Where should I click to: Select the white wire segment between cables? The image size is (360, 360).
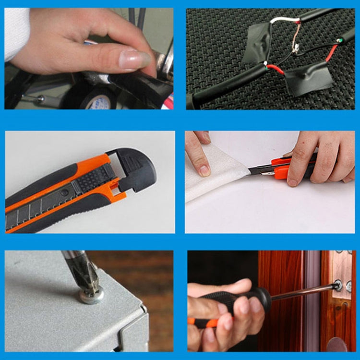pos(283,20)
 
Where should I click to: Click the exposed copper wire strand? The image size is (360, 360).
pos(296,36)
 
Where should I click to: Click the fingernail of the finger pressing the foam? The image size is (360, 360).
pos(204,170)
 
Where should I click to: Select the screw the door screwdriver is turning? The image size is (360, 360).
pos(338,287)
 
